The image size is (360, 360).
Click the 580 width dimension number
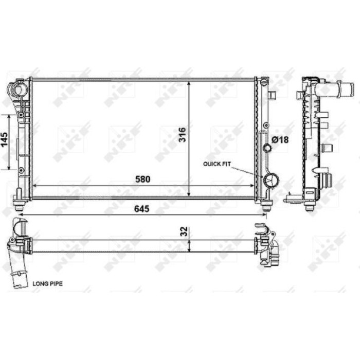(x=143, y=179)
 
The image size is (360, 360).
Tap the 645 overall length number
(x=141, y=209)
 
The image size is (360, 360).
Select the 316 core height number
(x=182, y=135)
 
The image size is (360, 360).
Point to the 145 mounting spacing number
(x=5, y=140)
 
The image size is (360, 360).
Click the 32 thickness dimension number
(x=184, y=231)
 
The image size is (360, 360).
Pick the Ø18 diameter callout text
(x=280, y=139)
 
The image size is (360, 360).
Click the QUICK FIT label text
(x=217, y=164)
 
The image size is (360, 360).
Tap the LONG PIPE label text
(x=47, y=284)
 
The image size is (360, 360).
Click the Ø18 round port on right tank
(x=267, y=148)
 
